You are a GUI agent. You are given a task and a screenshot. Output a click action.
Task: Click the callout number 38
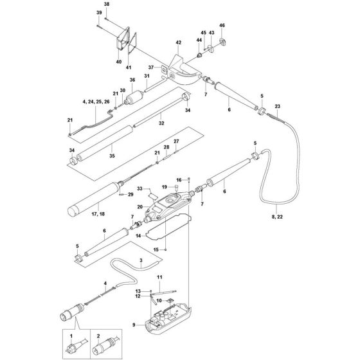tap(107, 4)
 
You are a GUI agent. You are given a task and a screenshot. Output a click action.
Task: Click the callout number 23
tap(277, 105)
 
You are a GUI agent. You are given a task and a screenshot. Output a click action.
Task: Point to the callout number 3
tap(140, 260)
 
